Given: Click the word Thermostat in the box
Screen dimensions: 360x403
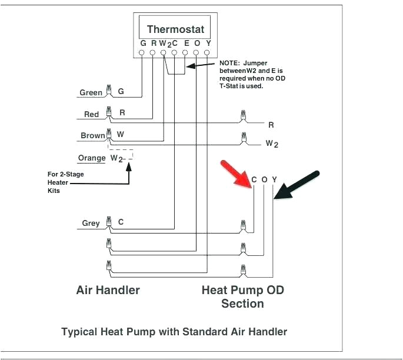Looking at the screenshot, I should pos(175,29).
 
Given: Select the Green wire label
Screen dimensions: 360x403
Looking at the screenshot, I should pos(91,92).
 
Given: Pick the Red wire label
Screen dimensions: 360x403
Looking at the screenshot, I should pos(91,114).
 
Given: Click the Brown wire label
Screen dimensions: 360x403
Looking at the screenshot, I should pos(93,136).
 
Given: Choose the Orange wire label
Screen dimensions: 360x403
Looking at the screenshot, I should pos(91,158).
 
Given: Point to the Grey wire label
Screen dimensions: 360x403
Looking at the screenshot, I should pos(91,223).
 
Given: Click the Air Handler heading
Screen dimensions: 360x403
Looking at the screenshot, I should pos(108,290).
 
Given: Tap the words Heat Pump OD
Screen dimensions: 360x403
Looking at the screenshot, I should pos(242,290).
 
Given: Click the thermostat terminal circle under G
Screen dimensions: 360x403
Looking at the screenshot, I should pos(142,53).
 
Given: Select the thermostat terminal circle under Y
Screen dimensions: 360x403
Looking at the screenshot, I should pos(207,53).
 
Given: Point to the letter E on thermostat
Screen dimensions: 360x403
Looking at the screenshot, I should pos(186,43).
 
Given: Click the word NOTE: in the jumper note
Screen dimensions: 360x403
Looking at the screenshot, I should pos(230,62).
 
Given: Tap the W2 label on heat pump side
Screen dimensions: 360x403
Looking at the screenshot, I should pos(272,144).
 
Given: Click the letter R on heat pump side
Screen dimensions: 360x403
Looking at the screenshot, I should pos(271,125).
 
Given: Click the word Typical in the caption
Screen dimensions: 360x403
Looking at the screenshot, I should pos(79,332).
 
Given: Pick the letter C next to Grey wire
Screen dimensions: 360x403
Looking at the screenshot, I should pos(121,222).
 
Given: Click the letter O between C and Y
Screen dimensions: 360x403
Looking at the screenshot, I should pos(264,179).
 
